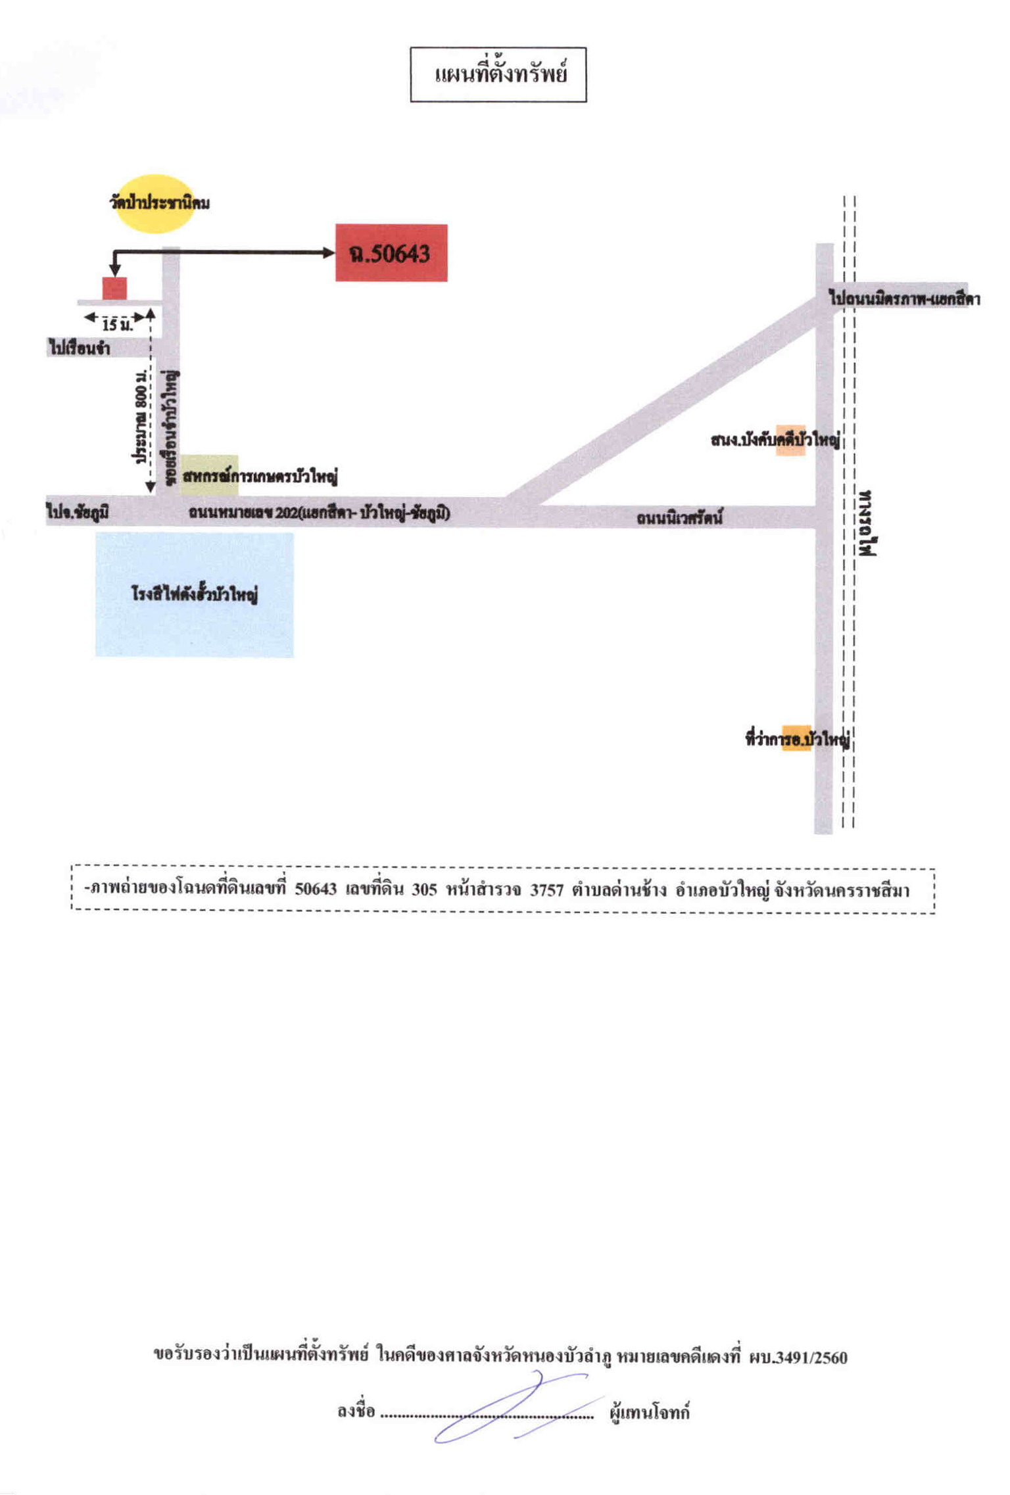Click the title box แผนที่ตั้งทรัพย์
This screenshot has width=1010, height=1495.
coord(498,74)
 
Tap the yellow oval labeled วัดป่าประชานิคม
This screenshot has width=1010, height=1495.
coord(155,204)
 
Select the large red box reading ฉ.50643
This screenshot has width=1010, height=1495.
coord(391,253)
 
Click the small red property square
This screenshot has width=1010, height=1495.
coord(114,289)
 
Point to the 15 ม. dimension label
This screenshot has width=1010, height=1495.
coord(117,324)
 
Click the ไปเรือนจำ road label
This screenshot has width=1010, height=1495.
coord(79,348)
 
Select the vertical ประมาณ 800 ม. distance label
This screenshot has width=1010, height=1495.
coord(141,417)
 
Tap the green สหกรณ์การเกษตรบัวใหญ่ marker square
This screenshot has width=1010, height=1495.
coord(210,475)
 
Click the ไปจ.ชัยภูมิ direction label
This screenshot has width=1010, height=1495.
coord(78,511)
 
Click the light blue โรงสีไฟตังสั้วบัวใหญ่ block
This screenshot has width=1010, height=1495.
coord(195,594)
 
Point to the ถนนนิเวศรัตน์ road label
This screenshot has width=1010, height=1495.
coord(679,518)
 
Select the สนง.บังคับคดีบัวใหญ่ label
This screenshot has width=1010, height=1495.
coord(776,439)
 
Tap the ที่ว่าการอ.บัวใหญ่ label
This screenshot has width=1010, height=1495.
coord(798,739)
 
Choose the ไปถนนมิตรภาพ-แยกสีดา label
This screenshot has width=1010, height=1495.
coord(905,299)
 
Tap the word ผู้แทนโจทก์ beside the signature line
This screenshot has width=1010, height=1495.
coord(650,1412)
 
